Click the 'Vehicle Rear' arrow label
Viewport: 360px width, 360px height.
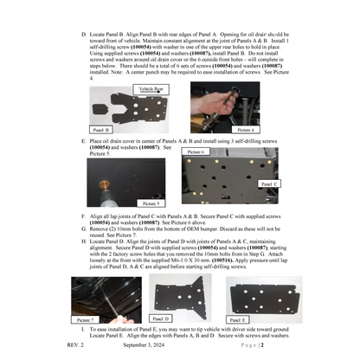(152, 88)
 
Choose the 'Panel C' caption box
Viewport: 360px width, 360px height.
(267, 183)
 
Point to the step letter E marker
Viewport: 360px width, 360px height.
(83, 139)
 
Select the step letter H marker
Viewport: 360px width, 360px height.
(83, 237)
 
